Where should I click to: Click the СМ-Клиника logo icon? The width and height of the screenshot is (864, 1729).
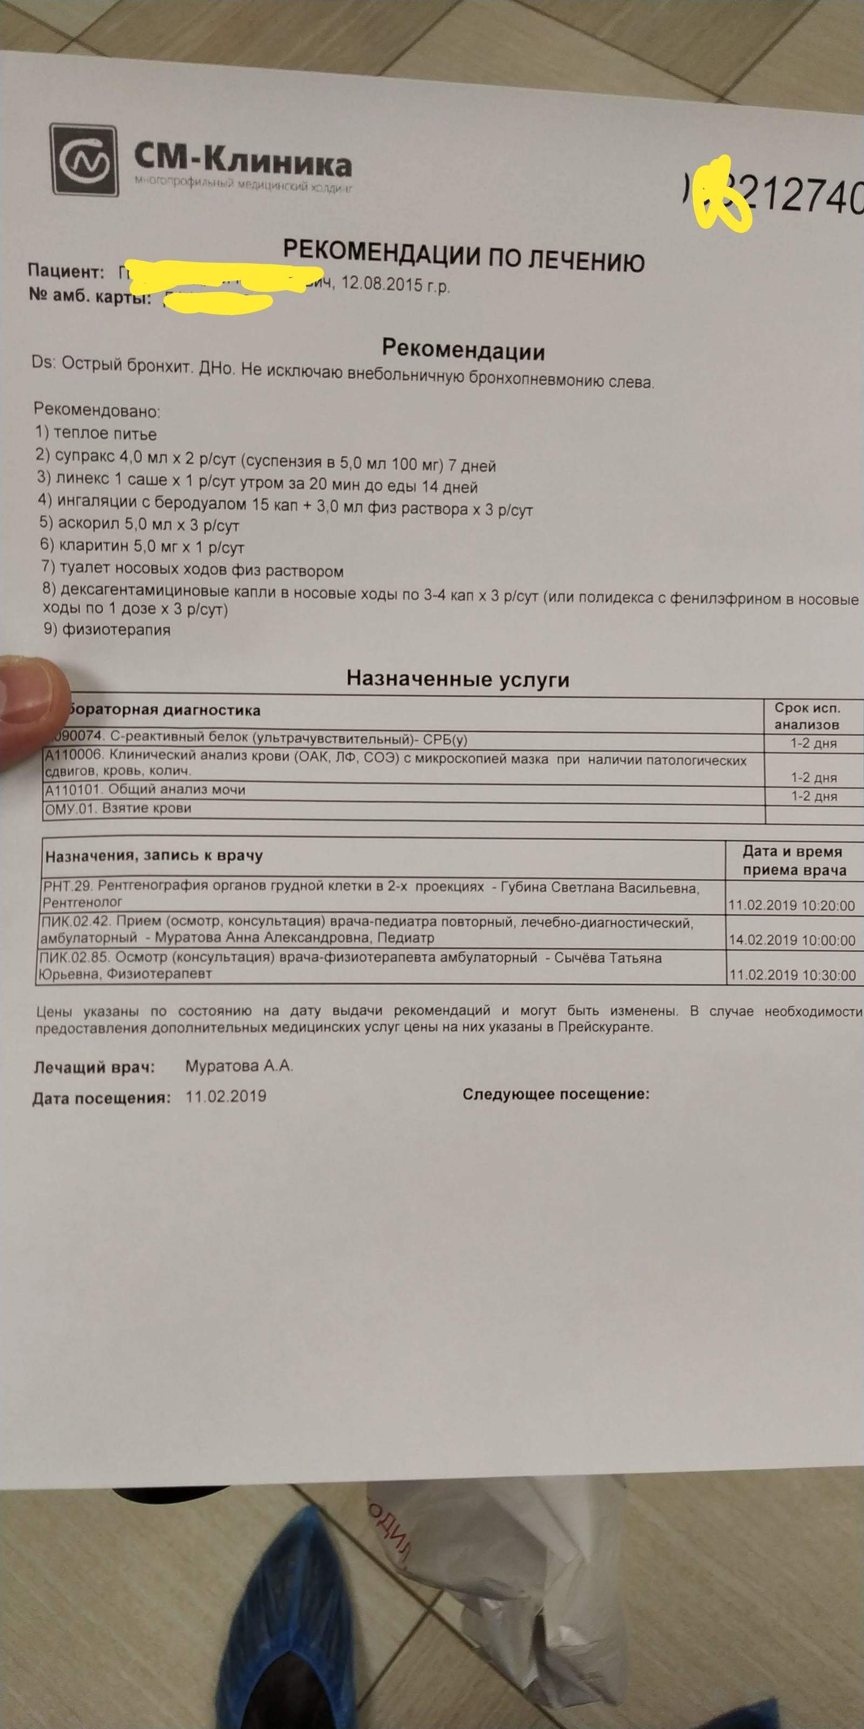pyautogui.click(x=85, y=160)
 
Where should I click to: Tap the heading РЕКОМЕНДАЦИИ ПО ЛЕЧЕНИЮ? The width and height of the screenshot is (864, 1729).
pyautogui.click(x=463, y=254)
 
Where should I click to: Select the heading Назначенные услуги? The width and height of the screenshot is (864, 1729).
pyautogui.click(x=457, y=679)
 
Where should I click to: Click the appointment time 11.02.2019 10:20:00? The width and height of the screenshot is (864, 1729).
pyautogui.click(x=792, y=906)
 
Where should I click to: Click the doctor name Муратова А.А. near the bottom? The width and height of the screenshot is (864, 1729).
pyautogui.click(x=239, y=1067)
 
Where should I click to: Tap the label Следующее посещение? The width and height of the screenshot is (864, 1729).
pyautogui.click(x=556, y=1095)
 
